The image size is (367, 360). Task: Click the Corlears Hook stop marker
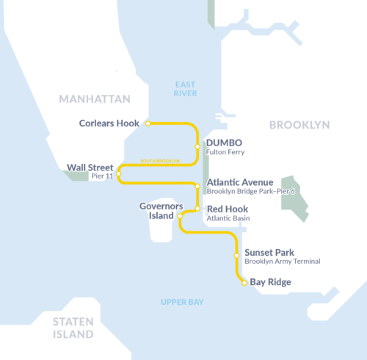148,123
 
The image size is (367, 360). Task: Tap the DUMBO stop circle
197,146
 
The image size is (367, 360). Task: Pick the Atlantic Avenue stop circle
197,187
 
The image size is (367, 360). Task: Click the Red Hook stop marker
197,209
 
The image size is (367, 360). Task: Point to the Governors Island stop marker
180,216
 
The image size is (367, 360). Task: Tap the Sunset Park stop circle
236,256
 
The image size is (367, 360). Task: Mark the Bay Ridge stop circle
244,282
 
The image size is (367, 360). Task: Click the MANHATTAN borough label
95,99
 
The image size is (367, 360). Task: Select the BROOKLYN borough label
299,125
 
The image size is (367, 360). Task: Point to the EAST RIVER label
186,89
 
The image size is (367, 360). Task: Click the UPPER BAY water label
182,302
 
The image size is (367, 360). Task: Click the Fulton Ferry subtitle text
225,152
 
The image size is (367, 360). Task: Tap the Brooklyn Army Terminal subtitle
283,262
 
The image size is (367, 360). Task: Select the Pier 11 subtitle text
101,177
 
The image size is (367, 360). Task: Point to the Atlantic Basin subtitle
229,218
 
